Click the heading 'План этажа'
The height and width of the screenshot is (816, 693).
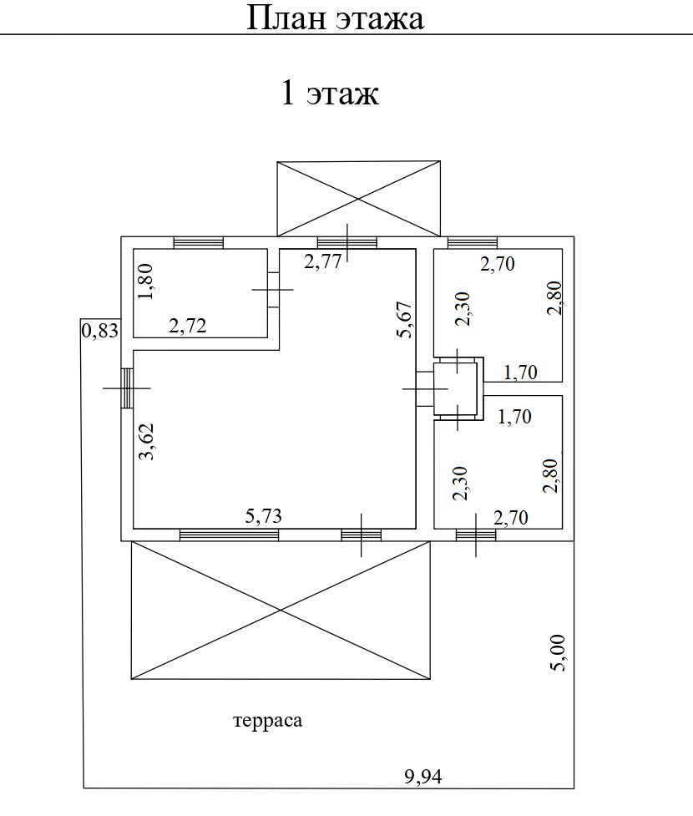pyautogui.click(x=335, y=18)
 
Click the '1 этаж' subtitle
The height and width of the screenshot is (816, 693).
pyautogui.click(x=330, y=94)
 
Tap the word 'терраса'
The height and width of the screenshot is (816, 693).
pyautogui.click(x=268, y=721)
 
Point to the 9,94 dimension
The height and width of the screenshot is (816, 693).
pyautogui.click(x=423, y=777)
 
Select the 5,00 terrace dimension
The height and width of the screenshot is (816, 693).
pyautogui.click(x=558, y=653)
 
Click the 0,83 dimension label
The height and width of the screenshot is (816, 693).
pyautogui.click(x=100, y=331)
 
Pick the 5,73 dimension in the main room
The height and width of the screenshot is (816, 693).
pyautogui.click(x=263, y=515)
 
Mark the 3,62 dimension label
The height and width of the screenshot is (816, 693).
pyautogui.click(x=147, y=442)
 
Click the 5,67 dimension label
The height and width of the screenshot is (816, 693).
pyautogui.click(x=405, y=320)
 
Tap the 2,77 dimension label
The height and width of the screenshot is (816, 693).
pyautogui.click(x=323, y=261)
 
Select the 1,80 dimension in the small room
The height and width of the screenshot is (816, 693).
pyautogui.click(x=145, y=281)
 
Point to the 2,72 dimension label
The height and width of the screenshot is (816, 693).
pyautogui.click(x=188, y=326)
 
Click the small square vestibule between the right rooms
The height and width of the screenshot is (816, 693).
pyautogui.click(x=455, y=388)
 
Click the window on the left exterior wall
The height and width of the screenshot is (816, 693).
pyautogui.click(x=128, y=388)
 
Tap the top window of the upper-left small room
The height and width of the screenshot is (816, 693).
pyautogui.click(x=198, y=243)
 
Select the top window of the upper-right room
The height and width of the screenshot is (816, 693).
pyautogui.click(x=473, y=243)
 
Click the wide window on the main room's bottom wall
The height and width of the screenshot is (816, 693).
pyautogui.click(x=229, y=535)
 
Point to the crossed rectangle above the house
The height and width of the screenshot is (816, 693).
pyautogui.click(x=358, y=199)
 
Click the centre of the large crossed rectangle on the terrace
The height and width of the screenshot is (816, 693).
pyautogui.click(x=281, y=610)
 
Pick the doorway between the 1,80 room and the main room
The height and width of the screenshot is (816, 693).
pyautogui.click(x=274, y=289)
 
